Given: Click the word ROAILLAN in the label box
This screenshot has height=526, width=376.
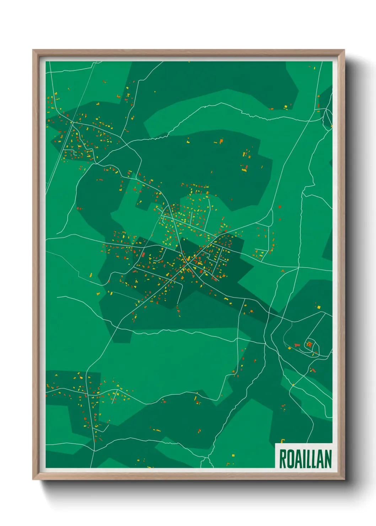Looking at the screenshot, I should point(305,459).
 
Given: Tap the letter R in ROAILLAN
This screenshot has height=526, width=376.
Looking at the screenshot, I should point(282,459).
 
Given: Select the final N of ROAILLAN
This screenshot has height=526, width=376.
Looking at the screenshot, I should point(328,459).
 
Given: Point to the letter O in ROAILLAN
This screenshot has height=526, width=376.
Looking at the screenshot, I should point(290,459).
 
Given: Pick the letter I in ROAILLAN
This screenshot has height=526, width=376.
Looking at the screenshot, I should point(305,459).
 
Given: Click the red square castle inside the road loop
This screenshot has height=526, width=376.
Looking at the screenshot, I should point(309,344).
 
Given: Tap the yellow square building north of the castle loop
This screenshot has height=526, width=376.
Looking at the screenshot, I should point(319,307).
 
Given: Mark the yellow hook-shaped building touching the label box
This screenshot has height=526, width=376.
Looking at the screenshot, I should point(282,441).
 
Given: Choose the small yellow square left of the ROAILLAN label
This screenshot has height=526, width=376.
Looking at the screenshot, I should point(233,455).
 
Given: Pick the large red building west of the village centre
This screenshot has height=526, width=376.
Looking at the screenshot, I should point(144,254).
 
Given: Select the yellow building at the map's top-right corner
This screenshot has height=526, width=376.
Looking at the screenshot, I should point(314,66).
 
